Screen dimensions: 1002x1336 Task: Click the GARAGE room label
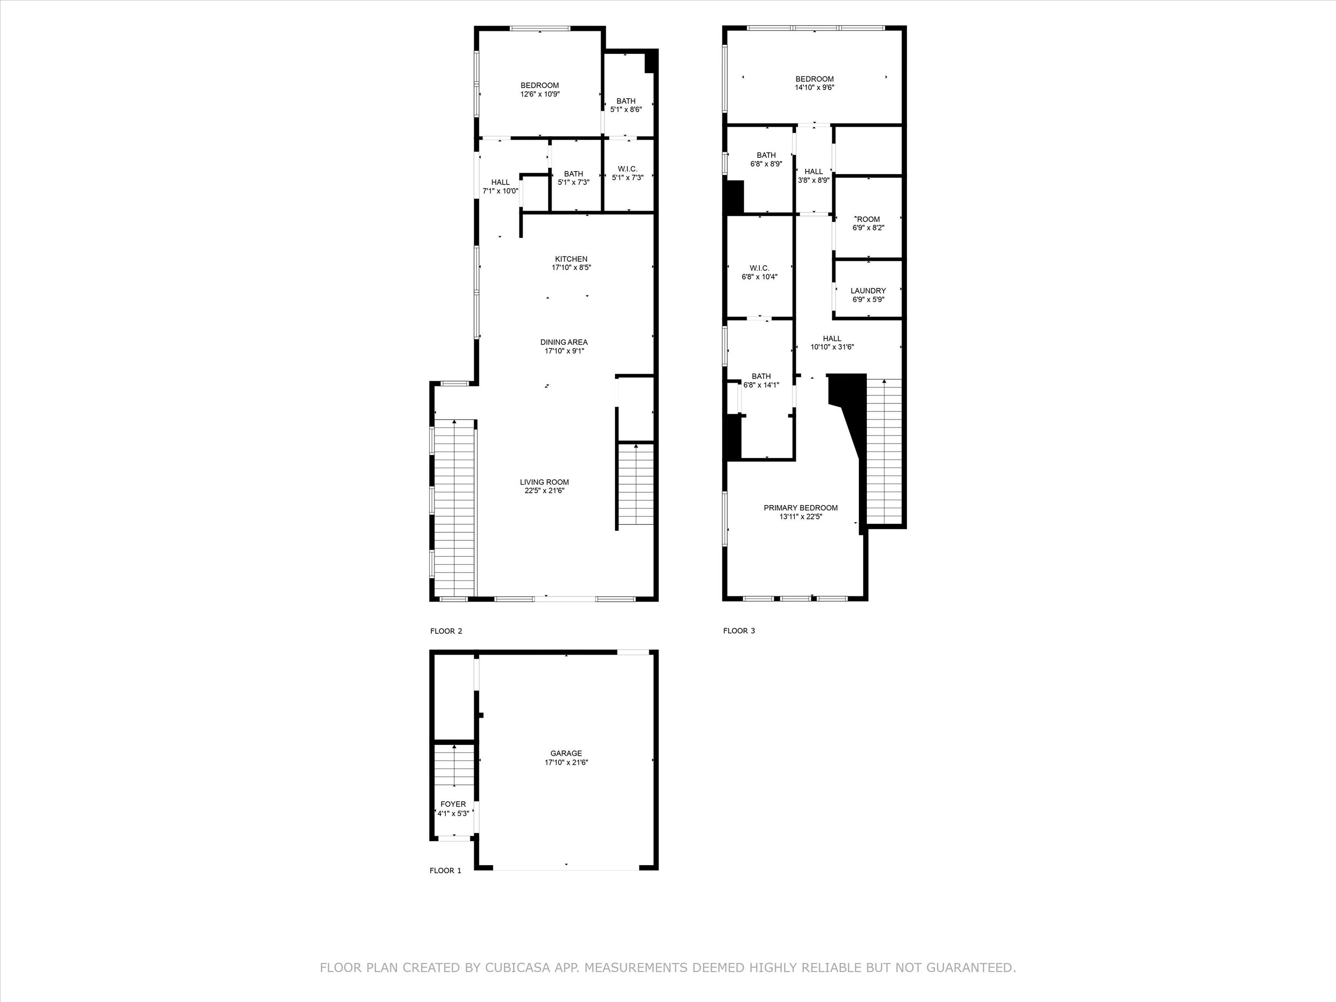(566, 753)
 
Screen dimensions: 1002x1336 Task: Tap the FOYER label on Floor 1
(453, 804)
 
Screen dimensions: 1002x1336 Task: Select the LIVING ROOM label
(544, 482)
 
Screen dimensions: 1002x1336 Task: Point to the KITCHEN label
(571, 259)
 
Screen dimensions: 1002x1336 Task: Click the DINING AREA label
(563, 343)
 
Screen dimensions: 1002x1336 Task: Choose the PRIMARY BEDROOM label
(801, 508)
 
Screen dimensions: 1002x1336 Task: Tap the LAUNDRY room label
(868, 291)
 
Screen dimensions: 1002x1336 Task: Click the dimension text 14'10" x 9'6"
(814, 88)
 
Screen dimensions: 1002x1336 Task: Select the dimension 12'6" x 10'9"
(540, 94)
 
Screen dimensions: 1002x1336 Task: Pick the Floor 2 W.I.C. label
(627, 169)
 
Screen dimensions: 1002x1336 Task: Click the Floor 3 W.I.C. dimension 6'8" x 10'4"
(759, 277)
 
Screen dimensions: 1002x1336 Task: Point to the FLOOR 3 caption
(739, 631)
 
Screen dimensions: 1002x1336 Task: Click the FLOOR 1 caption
(445, 871)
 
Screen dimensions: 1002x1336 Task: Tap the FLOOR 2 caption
(446, 631)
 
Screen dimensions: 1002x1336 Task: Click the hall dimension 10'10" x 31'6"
(832, 347)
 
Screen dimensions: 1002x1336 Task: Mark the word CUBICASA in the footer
(517, 968)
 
